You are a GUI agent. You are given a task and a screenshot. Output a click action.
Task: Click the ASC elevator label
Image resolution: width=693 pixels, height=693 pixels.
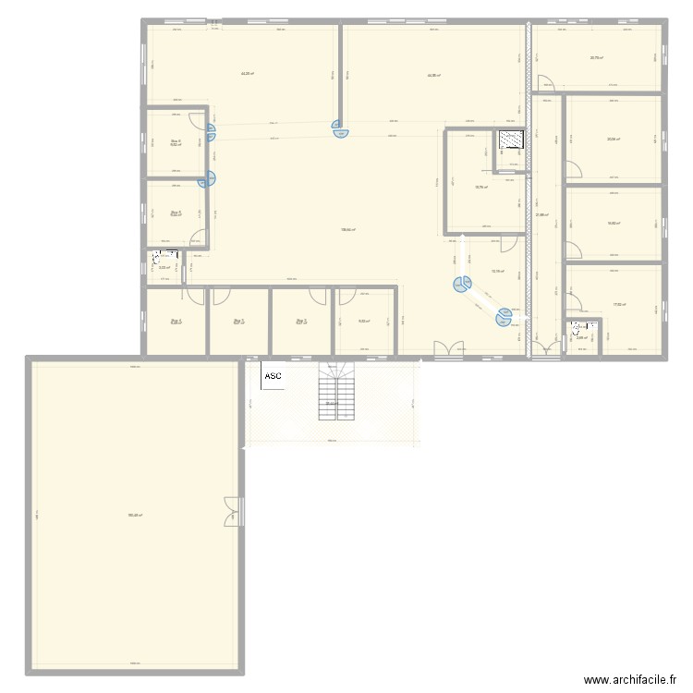(x=274, y=376)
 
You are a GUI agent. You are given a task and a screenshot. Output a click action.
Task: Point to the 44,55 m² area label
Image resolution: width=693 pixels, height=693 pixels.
(x=433, y=76)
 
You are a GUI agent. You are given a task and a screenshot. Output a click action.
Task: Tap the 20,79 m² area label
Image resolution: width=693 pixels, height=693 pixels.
(x=597, y=57)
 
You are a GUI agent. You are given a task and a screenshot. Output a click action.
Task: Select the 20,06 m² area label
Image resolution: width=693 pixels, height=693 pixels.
(x=613, y=140)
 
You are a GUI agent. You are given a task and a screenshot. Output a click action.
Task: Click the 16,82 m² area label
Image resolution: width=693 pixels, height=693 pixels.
(x=613, y=224)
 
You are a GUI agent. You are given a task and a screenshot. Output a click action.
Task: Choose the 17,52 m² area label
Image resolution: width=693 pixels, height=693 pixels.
(x=618, y=304)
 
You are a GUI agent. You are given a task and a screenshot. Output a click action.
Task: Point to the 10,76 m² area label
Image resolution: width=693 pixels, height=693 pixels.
(x=481, y=188)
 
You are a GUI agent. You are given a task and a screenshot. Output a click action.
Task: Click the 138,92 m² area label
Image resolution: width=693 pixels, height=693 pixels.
(x=348, y=230)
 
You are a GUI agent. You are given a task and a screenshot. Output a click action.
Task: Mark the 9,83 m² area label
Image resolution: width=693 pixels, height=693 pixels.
(x=364, y=322)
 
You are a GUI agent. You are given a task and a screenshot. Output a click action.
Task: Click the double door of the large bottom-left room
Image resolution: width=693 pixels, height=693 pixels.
(x=231, y=511)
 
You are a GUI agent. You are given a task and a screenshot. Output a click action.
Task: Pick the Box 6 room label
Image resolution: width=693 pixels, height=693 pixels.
(x=175, y=141)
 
